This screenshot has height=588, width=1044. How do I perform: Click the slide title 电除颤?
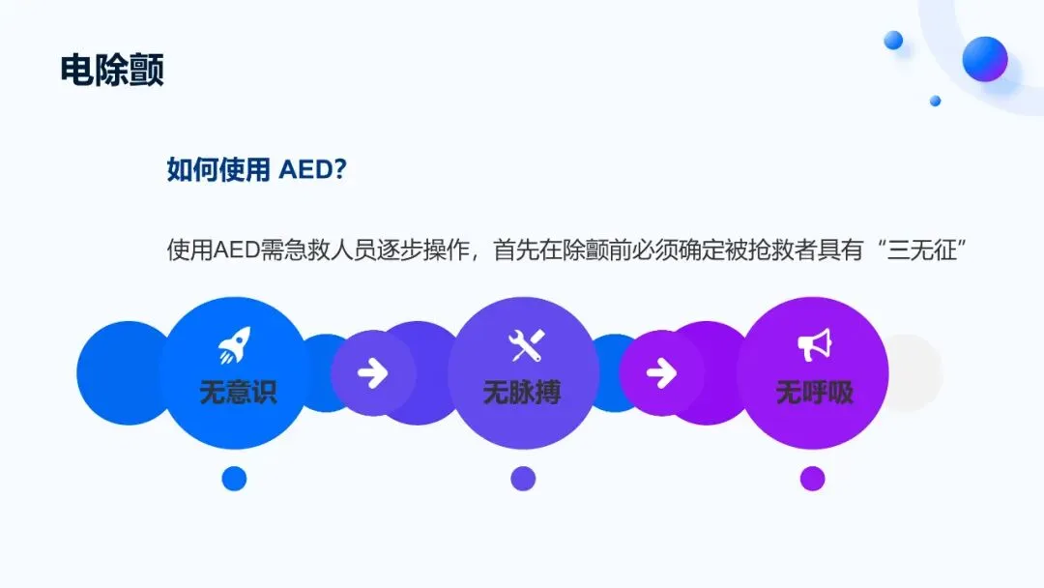(x=112, y=70)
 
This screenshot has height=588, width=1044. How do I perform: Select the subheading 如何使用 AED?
(x=256, y=170)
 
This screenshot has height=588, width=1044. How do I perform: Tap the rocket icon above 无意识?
(x=235, y=345)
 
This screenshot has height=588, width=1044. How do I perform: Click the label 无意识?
(x=238, y=392)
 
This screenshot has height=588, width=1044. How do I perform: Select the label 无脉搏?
(x=522, y=392)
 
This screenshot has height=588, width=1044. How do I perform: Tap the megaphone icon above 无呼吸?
(x=814, y=345)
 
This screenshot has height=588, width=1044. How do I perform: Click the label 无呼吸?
(x=814, y=392)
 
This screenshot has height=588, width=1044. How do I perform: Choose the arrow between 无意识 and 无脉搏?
(x=372, y=373)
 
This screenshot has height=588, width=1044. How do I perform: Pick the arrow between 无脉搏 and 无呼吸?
(x=661, y=373)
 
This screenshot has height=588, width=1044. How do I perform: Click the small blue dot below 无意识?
(x=234, y=478)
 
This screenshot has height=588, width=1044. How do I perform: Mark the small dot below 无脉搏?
(x=523, y=478)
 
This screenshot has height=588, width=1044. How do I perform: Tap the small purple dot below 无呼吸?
(x=813, y=478)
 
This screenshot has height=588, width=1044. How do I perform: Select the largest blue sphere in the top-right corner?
(x=985, y=59)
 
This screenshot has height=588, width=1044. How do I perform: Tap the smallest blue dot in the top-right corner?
(x=936, y=101)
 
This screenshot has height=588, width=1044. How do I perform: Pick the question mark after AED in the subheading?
(x=339, y=170)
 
